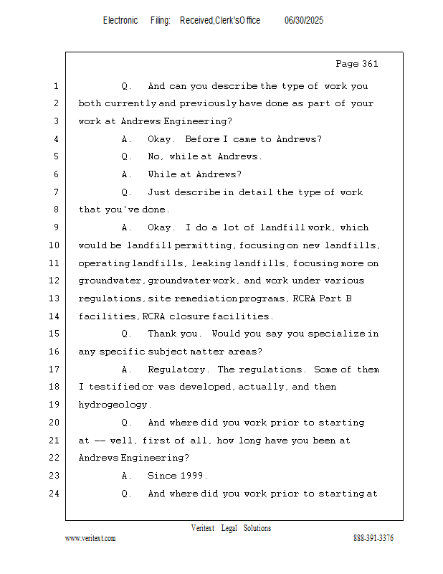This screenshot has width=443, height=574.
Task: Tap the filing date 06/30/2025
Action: coord(304,21)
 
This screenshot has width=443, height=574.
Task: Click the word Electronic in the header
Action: coord(120,21)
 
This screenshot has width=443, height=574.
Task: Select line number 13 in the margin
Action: coord(55,298)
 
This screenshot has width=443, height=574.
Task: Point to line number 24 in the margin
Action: coord(55,494)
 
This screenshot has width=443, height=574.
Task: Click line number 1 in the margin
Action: coord(56,86)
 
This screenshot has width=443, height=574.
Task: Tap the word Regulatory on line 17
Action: coord(177,370)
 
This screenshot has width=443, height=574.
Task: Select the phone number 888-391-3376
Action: coord(373,538)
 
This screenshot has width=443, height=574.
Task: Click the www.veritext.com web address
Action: coord(90,538)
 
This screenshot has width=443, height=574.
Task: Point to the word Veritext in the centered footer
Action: coord(203,528)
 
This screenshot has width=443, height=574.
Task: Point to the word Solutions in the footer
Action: coord(257,528)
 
